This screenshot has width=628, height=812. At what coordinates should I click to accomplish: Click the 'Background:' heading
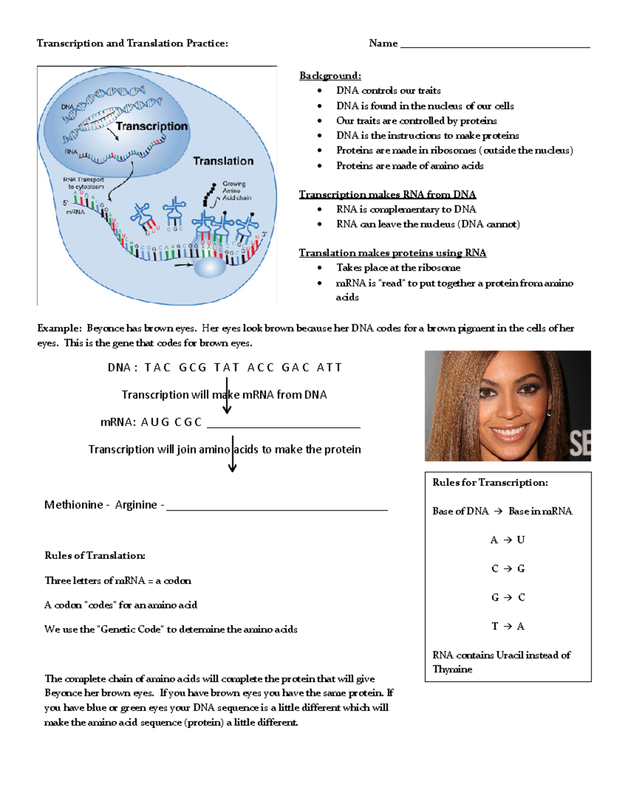pos(330,76)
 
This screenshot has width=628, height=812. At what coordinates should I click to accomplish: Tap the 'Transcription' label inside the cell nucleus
pos(151,127)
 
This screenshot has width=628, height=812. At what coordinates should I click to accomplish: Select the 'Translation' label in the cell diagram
pos(223,161)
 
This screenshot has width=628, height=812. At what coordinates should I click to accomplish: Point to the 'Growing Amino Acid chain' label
pos(236,191)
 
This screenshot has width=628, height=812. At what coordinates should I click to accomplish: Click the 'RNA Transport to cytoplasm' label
pos(84,183)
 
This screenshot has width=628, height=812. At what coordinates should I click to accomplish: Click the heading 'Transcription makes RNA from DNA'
pos(387,195)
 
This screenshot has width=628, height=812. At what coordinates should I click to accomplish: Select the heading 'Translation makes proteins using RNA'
pos(392,253)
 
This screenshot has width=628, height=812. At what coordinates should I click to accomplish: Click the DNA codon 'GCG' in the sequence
pos(193,368)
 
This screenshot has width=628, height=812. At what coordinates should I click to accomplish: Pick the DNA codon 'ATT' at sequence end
pos(329,368)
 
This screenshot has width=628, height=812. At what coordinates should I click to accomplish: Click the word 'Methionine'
pos(74,505)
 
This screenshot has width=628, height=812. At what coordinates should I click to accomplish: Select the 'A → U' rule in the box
pos(507,540)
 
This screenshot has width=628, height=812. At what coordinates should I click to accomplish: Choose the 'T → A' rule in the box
pos(507,626)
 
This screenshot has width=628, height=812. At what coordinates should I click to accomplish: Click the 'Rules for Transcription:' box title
pos(490,483)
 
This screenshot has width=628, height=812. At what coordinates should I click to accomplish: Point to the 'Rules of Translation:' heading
pos(95,556)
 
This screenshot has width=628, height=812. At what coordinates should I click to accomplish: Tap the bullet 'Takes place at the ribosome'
pos(398,268)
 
